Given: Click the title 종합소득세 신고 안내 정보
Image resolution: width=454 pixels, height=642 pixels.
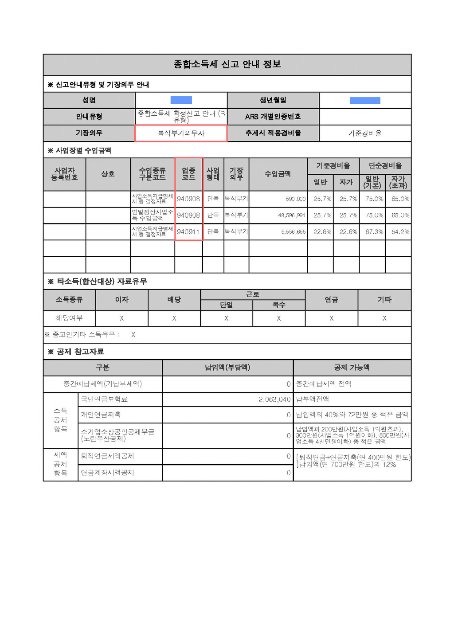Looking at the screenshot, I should coord(227,64).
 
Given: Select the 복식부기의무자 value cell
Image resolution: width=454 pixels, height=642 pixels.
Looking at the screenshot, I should coord(181,133).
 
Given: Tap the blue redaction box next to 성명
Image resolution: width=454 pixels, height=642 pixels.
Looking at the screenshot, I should coord(181,100).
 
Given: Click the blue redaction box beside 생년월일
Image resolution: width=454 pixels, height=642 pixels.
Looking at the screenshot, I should coord(365,101).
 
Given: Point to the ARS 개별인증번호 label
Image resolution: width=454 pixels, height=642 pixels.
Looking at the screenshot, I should coord(273,117).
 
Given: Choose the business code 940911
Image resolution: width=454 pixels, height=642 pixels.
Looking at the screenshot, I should coord(188,232).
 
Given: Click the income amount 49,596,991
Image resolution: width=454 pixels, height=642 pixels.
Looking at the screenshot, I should coord(292,215).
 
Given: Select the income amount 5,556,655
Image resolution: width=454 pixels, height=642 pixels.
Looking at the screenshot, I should coord(293,232).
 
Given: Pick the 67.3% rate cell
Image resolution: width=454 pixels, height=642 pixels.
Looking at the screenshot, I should coord(374,232).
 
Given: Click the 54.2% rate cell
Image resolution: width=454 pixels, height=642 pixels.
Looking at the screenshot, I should coord(400,232).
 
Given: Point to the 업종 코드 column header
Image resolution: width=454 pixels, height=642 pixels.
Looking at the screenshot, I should coord(188,174).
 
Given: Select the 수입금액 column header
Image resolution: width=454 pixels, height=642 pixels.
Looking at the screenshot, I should coord(278,174).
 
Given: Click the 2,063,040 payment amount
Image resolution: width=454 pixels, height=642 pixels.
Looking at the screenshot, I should coord(274,399).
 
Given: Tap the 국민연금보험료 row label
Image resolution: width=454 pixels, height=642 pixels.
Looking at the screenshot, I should coord(104,399).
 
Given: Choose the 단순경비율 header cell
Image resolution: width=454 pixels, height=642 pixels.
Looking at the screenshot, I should coord(385,166).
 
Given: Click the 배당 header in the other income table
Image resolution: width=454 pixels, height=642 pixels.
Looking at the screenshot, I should coord(174,300).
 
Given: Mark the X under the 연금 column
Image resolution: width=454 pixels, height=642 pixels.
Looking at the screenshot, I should coord(331,318).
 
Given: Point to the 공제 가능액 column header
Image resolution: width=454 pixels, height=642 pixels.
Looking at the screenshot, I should coord(352,368).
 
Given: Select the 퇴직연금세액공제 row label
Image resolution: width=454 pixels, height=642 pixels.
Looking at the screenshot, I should coord(107,456).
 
